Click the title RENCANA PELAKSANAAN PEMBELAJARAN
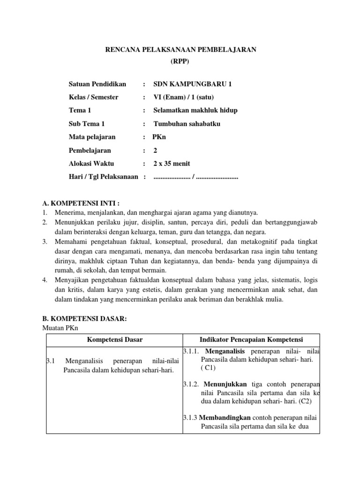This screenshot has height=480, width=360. [x=180, y=50]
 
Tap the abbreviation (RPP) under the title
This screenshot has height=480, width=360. [x=180, y=61]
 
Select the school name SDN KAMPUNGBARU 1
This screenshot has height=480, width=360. [x=193, y=84]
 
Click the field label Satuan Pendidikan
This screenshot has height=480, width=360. [x=97, y=84]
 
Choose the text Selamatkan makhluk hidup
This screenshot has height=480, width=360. [x=195, y=111]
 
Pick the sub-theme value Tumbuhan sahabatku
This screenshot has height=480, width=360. [x=187, y=124]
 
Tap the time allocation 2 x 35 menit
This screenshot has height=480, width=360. [x=172, y=164]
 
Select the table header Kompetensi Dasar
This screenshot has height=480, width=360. [x=115, y=339]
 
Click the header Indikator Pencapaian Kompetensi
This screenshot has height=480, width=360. [x=252, y=339]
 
